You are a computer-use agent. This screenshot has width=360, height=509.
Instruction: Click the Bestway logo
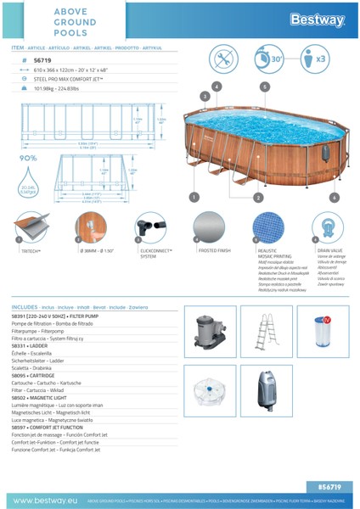(316, 20)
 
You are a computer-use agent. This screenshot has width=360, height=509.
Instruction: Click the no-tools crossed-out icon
(224, 60)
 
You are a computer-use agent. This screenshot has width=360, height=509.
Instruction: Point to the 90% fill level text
(28, 158)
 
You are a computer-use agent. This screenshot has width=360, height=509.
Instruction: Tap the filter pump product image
(208, 333)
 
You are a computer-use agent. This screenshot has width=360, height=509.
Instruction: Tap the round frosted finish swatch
(209, 228)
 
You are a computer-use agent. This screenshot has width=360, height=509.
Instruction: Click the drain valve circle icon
(328, 228)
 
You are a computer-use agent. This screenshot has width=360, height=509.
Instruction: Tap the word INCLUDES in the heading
(25, 306)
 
